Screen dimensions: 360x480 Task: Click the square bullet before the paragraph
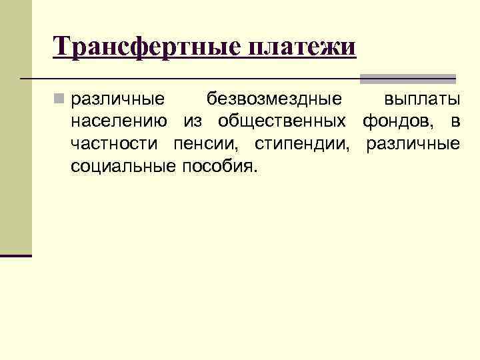[59, 100]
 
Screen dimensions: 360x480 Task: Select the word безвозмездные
[274, 100]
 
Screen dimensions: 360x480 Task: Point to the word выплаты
[422, 100]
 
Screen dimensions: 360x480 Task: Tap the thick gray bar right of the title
[407, 78]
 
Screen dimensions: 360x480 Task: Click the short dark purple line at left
[16, 255]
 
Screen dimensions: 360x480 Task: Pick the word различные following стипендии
[413, 144]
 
